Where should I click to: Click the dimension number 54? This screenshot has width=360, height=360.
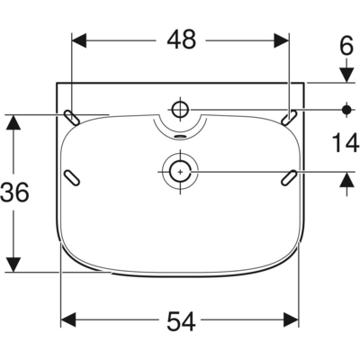[181, 319]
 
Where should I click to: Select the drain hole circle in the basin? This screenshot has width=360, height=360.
[182, 170]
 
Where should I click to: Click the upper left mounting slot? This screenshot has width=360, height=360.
[72, 116]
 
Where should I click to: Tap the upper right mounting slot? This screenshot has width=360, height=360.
[290, 116]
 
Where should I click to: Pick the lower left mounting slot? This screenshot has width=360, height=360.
[72, 176]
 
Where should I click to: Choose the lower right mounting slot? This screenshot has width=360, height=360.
[290, 176]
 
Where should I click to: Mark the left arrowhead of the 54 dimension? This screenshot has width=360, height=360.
[67, 319]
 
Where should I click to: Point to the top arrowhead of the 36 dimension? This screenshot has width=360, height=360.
[13, 121]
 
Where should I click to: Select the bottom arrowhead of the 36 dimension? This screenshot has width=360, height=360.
[13, 264]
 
